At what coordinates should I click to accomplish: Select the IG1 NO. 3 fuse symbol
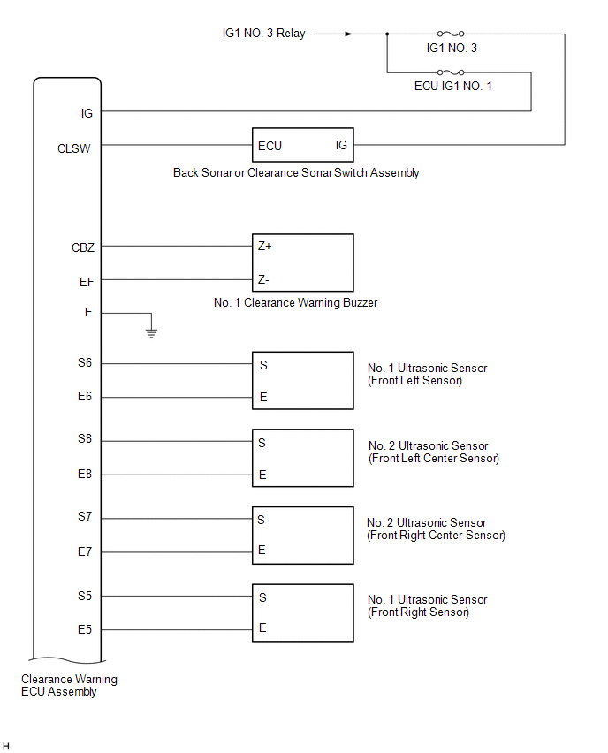[451, 34]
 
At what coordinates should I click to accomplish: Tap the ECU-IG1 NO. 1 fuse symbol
[451, 73]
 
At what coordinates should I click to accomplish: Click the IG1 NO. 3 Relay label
[263, 34]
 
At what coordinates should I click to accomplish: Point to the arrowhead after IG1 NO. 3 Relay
[348, 34]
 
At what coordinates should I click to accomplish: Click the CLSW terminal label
[74, 148]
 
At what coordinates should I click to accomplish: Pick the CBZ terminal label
[83, 247]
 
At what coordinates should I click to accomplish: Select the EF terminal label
[87, 281]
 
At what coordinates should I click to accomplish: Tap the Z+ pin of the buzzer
[264, 247]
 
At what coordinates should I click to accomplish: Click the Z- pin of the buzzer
[263, 280]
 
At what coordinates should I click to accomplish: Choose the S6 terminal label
[85, 362]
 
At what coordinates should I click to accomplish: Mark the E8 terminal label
[85, 475]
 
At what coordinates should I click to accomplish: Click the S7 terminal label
[85, 517]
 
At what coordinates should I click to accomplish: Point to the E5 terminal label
[85, 630]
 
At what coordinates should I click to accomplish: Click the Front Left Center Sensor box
[303, 458]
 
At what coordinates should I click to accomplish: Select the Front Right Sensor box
[303, 612]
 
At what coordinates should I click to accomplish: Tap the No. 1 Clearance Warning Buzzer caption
[295, 302]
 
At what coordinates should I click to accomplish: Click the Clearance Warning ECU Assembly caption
[69, 686]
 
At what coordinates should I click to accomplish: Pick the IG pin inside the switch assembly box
[341, 145]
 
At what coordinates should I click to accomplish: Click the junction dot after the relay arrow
[387, 34]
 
